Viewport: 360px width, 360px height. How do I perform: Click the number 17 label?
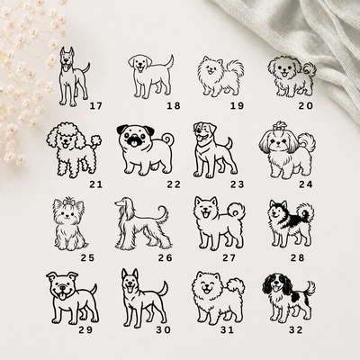(96, 105)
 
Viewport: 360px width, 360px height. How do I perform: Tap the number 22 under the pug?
(174, 184)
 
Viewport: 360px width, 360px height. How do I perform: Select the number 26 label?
(166, 257)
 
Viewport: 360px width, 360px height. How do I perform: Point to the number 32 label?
(296, 330)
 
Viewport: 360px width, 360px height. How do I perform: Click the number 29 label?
(85, 330)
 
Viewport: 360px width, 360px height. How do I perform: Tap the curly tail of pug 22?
(167, 140)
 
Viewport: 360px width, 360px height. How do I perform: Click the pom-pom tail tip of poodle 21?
(96, 140)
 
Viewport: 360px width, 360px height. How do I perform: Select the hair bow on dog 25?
(68, 201)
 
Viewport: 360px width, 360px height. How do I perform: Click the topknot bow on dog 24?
(279, 125)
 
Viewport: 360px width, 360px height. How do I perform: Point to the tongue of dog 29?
(62, 296)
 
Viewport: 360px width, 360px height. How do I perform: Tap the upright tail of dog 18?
(169, 62)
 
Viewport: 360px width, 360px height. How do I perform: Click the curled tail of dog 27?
(236, 211)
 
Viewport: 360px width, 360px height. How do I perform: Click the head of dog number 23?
(205, 132)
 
